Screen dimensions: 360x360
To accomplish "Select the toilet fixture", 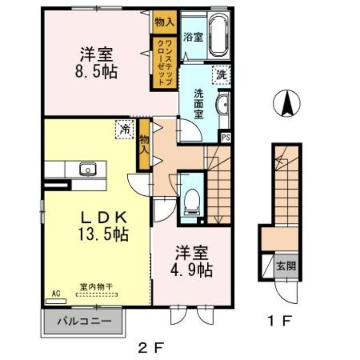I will [x=192, y=201].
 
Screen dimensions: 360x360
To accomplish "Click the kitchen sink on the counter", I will [x=88, y=169].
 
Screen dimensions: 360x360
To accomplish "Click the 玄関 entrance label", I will [x=285, y=266].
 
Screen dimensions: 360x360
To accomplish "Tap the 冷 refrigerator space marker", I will [x=124, y=129].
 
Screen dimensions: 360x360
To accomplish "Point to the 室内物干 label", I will [x=96, y=286].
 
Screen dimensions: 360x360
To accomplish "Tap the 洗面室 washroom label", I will [x=198, y=103].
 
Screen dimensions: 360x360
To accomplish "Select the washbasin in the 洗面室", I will [x=222, y=105].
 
